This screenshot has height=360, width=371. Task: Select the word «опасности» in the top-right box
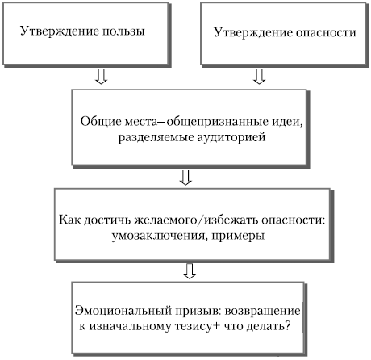coord(326,32)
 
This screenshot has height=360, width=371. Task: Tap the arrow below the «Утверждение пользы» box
coord(102,77)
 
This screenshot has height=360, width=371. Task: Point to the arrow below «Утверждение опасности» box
coord(260,77)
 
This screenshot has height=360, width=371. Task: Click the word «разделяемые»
coord(156,137)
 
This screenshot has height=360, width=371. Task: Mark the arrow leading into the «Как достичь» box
coord(185,177)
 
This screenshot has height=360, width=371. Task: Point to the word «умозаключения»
coord(158,236)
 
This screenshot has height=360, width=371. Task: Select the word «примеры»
coord(238,237)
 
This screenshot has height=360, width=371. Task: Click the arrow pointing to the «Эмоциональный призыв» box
coord(190,271)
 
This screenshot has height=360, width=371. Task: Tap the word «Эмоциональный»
coord(123,311)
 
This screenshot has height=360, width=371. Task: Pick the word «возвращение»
coord(262,312)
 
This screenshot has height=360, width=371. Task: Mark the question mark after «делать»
coord(287,326)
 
